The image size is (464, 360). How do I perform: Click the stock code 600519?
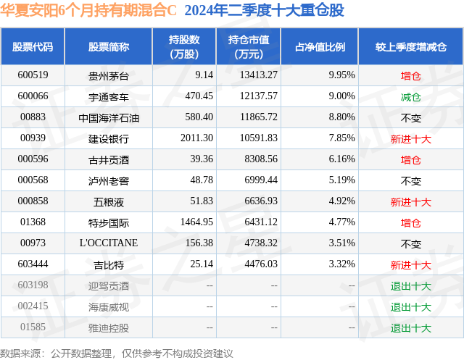coord(33,75)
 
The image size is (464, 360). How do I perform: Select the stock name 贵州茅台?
coord(108,76)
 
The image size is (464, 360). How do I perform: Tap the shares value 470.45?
coord(199,96)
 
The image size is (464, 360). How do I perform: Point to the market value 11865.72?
coord(259,117)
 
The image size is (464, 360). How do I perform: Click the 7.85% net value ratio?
coord(341,138)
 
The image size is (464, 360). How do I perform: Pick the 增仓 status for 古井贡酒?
coord(411,160)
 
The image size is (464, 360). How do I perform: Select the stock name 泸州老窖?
coord(108,181)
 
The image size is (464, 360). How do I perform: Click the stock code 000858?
coord(33,201)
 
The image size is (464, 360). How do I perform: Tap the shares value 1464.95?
coord(196,222)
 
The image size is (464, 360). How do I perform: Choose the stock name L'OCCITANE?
coord(109,243)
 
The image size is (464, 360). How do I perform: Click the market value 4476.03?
coord(261,264)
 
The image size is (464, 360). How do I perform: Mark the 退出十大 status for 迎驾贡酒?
coord(411,286)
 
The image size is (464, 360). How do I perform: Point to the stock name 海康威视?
coord(108,307)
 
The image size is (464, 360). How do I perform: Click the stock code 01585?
coord(33,327)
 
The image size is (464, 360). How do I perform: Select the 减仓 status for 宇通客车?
coord(411,97)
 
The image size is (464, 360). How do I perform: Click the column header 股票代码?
coord(33,47)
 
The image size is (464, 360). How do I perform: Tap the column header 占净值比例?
coord(320,47)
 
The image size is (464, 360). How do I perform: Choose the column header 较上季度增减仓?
coord(411,47)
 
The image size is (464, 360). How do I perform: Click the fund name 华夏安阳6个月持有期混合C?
coord(88,10)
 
